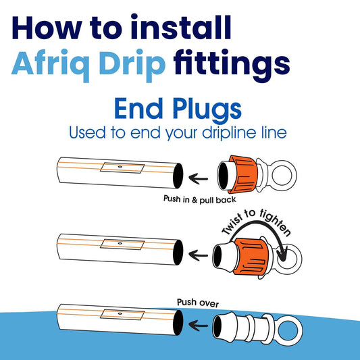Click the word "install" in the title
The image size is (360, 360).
181,27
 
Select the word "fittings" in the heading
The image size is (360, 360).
232,64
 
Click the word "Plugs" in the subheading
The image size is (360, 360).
207,109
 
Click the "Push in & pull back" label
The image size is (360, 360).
199,199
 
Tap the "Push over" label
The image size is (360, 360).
198,303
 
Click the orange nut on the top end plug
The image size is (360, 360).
242,174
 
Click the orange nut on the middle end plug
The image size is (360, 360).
251,257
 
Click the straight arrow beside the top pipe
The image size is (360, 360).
198,178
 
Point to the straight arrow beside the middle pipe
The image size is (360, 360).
198,255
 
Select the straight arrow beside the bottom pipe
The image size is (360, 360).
198,325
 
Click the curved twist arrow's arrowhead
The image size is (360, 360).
282,255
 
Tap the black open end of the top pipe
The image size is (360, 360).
178,176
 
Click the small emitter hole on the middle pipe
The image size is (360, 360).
120,243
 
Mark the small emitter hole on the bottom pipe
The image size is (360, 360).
120,313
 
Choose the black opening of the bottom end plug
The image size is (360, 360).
217,327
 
